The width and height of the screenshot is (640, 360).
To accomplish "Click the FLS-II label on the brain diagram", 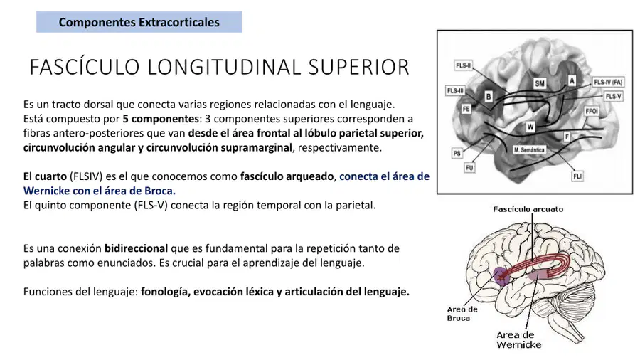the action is pyautogui.click(x=463, y=65).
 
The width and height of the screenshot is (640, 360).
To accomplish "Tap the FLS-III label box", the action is pyautogui.click(x=456, y=90).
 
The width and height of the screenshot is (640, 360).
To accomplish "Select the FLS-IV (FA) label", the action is pyautogui.click(x=608, y=82).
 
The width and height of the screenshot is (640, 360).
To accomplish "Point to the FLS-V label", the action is pyautogui.click(x=613, y=96).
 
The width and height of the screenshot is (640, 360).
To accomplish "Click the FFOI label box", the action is pyautogui.click(x=592, y=111).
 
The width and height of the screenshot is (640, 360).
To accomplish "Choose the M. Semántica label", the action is pyautogui.click(x=529, y=150).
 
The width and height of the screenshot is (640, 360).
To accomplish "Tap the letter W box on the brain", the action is pyautogui.click(x=530, y=127).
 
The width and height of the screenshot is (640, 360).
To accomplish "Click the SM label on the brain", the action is pyautogui.click(x=540, y=83).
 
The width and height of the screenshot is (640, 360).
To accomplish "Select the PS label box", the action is pyautogui.click(x=457, y=153).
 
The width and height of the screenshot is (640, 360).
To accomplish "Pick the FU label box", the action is pyautogui.click(x=469, y=167).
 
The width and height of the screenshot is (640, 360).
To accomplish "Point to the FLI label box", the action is pyautogui.click(x=577, y=176).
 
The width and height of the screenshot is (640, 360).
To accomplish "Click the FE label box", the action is pyautogui.click(x=466, y=109).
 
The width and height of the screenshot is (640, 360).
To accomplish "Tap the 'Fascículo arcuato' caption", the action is pyautogui.click(x=528, y=209).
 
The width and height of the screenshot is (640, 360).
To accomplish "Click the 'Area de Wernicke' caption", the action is pyautogui.click(x=518, y=339).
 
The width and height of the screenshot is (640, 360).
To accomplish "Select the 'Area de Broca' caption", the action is pyautogui.click(x=462, y=314).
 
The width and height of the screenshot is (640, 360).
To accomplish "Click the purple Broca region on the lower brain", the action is pyautogui.click(x=500, y=276).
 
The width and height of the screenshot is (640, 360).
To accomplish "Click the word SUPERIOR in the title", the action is pyautogui.click(x=359, y=67).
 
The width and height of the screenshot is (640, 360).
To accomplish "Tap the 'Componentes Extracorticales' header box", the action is pyautogui.click(x=139, y=22).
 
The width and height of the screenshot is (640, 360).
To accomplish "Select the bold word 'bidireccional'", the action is pyautogui.click(x=136, y=248).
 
